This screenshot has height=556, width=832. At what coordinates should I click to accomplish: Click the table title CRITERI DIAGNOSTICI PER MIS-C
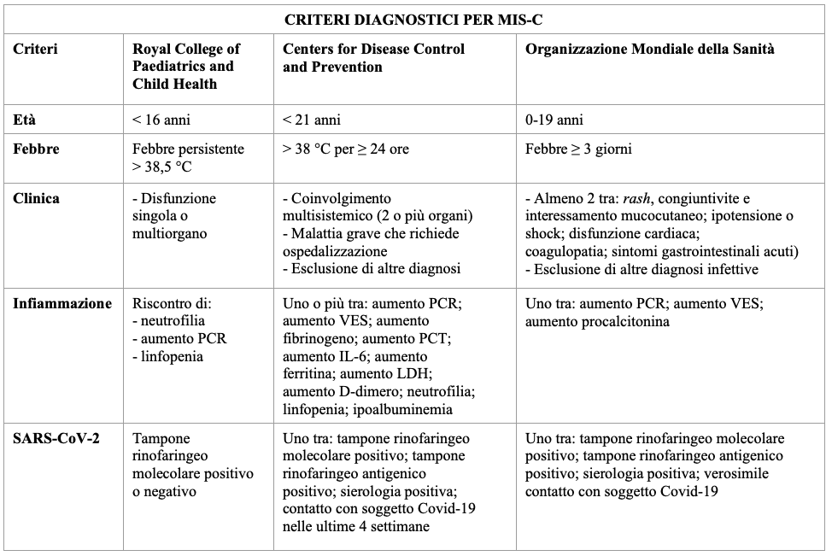coord(414,17)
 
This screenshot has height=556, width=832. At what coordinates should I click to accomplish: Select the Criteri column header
coord(35,50)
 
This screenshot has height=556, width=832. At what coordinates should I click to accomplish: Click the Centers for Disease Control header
coord(373,57)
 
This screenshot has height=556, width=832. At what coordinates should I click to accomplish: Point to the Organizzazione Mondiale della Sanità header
coord(650,50)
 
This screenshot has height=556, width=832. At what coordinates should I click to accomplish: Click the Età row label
coord(25,120)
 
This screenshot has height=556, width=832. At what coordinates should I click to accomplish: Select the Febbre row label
coord(36,149)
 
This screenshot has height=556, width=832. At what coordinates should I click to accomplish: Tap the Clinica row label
coord(37,198)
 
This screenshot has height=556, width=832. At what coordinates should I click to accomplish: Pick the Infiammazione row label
coord(62,303)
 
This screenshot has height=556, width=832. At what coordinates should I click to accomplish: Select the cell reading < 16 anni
coord(163,120)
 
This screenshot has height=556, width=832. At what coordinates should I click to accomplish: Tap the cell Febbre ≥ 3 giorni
coord(580,149)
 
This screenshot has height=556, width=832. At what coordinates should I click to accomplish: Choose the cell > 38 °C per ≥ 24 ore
coord(346,149)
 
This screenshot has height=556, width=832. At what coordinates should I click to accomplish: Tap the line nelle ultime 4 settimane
coord(355,527)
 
